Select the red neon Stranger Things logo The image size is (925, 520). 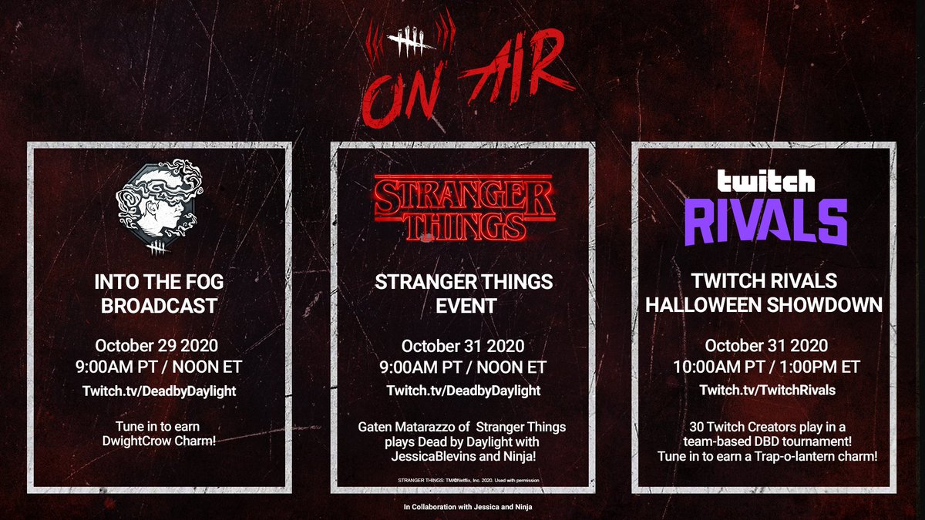pyautogui.click(x=464, y=207)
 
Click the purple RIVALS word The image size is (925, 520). pyautogui.click(x=766, y=223)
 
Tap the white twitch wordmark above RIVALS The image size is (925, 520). pyautogui.click(x=766, y=181)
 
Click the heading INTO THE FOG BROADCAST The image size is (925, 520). pyautogui.click(x=159, y=294)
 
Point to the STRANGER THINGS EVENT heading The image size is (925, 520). pyautogui.click(x=464, y=294)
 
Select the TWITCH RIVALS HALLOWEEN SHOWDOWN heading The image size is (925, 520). pyautogui.click(x=764, y=293)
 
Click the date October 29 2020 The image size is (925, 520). pyautogui.click(x=156, y=345)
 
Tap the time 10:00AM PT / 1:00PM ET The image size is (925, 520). pyautogui.click(x=766, y=367)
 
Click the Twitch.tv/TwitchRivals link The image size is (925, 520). pyautogui.click(x=767, y=390)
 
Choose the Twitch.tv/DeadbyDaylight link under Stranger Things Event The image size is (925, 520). pyautogui.click(x=463, y=391)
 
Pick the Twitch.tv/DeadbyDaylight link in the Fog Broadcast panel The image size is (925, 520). pyautogui.click(x=160, y=391)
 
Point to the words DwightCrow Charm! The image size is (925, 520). pyautogui.click(x=159, y=441)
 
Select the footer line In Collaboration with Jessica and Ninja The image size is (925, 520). pyautogui.click(x=467, y=507)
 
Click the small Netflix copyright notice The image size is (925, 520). pyautogui.click(x=469, y=481)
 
